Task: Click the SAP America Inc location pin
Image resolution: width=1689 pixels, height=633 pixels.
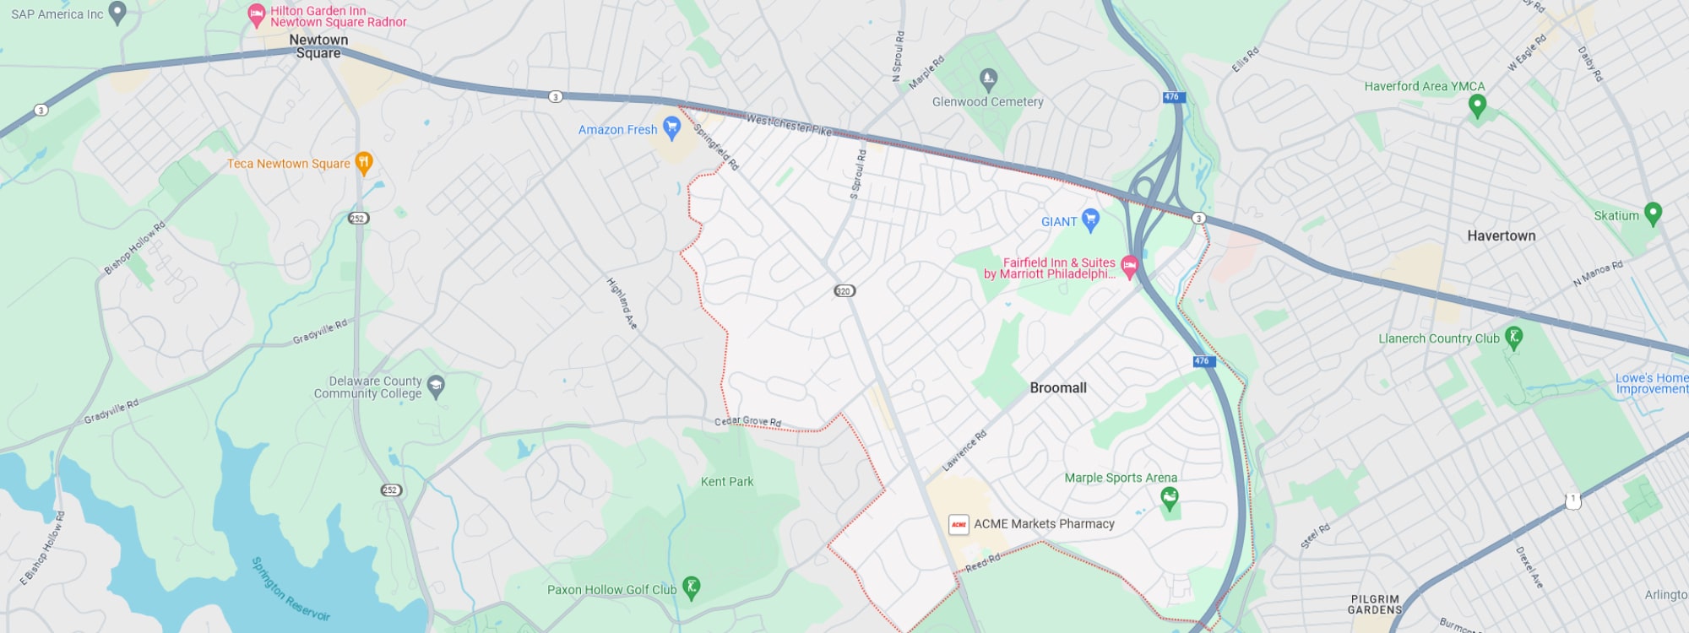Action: (117, 12)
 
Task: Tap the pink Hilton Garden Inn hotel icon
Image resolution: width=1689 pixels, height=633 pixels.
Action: (256, 15)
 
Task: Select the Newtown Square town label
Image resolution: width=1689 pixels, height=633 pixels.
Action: (318, 46)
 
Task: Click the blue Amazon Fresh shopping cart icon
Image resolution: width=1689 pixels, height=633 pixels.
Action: (671, 127)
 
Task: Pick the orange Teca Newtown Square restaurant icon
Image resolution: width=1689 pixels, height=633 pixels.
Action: (364, 162)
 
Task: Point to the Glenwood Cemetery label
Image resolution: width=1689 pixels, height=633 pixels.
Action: (987, 102)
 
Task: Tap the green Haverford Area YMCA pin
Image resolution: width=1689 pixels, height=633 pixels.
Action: (1477, 105)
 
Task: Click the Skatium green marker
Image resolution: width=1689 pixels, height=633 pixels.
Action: (1653, 214)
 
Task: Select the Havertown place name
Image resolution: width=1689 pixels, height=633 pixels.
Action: (1501, 236)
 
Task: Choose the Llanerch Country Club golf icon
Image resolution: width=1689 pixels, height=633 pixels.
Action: (1513, 338)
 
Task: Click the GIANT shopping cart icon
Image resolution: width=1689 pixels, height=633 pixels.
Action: (1090, 219)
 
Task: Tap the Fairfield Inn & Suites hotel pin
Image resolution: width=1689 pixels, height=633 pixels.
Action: (1129, 267)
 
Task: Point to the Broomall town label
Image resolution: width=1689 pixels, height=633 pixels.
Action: (1057, 388)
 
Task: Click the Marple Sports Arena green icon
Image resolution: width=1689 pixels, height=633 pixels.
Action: (1169, 499)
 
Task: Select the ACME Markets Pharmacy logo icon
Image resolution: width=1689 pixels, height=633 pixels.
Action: (959, 524)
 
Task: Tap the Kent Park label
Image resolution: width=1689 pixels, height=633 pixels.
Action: (726, 482)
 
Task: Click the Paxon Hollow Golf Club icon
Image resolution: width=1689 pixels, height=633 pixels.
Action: (691, 587)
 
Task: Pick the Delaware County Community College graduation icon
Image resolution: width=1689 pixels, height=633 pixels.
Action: (436, 387)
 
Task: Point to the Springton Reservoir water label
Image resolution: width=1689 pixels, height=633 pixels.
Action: (291, 589)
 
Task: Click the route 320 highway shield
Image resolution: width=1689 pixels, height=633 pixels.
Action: (844, 291)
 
